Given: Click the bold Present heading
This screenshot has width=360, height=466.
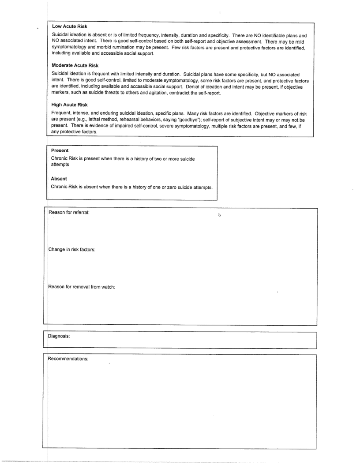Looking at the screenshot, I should point(60,150).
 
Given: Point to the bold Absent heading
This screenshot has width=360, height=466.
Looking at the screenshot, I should point(59,179).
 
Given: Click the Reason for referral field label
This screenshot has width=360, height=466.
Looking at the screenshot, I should point(69,212).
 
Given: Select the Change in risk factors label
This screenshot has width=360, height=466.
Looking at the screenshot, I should point(72,250).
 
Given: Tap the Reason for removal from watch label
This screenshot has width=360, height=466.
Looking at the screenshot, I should point(82,287).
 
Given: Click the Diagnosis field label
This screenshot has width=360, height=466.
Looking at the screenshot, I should point(59,336).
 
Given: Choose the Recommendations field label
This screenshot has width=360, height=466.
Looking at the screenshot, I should point(68,358).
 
